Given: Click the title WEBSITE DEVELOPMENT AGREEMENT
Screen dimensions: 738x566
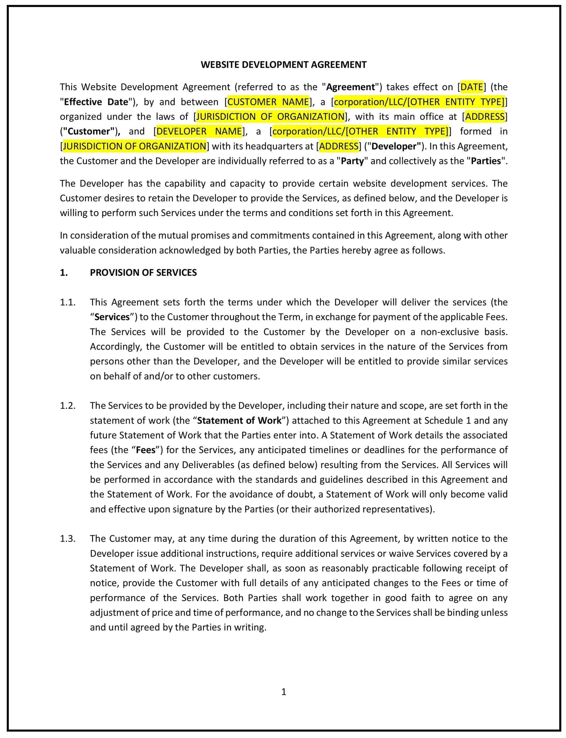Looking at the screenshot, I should pos(283,65).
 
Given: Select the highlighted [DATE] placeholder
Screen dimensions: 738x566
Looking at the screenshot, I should pos(472,87).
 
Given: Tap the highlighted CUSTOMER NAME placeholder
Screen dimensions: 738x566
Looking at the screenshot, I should pos(268,102).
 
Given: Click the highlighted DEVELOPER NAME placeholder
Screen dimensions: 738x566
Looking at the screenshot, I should pos(199,131).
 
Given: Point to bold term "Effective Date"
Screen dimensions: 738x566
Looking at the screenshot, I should pos(96,102).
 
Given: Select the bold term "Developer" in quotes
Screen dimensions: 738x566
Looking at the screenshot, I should pos(396,146).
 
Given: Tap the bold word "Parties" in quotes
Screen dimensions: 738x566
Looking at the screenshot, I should pos(486,161).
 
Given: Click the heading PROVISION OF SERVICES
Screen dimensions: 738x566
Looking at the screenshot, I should pos(143,273).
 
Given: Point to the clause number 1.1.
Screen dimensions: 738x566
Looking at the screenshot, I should pos(68,302).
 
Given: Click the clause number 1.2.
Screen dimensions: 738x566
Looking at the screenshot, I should pos(68,406).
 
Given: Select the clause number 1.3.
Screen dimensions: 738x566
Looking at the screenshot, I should pos(68,538).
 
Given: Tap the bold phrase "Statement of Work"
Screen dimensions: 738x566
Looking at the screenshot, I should pos(239,420).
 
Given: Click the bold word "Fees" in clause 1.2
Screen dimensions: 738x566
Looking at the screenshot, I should pos(146,450).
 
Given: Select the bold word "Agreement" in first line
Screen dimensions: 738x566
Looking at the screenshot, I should pos(351,87).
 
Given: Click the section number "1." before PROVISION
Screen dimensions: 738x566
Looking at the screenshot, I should pos(64,273).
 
